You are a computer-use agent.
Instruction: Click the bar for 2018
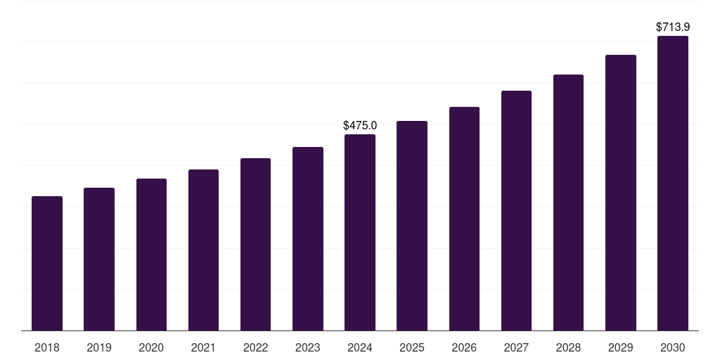(x=47, y=264)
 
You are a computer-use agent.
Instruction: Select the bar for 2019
(x=99, y=259)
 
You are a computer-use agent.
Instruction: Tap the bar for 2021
(x=203, y=250)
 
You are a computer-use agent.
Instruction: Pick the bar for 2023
(x=308, y=239)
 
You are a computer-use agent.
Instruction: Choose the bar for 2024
(x=360, y=233)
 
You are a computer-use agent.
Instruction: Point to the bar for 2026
(x=464, y=219)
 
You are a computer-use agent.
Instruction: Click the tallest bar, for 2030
(x=673, y=184)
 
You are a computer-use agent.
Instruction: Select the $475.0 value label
(x=360, y=126)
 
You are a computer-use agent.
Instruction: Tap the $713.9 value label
(x=673, y=27)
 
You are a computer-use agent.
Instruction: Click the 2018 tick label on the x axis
(x=47, y=348)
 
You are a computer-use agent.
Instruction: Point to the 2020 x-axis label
(x=151, y=348)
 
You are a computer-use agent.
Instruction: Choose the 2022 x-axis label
(x=255, y=348)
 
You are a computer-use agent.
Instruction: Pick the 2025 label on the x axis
(x=412, y=348)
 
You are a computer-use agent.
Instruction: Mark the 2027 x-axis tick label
(x=516, y=348)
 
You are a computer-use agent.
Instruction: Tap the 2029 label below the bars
(x=621, y=348)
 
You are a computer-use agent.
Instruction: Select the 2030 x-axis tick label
(x=673, y=348)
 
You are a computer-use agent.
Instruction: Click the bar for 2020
(x=151, y=255)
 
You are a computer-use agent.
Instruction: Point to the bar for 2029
(x=621, y=193)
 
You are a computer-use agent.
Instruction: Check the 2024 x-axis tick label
(x=360, y=348)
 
